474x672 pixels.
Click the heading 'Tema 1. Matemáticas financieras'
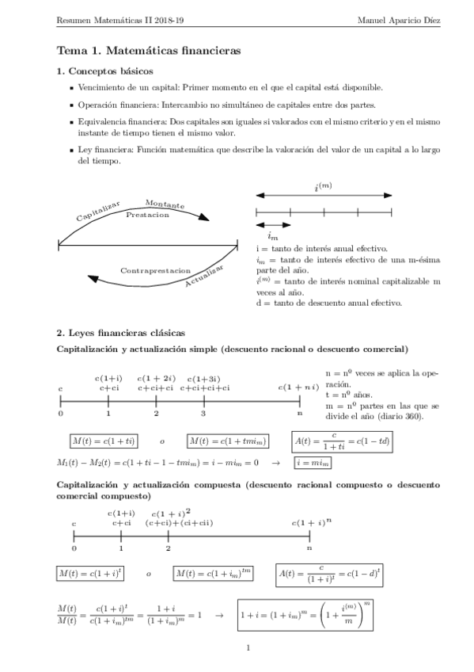pos(148,50)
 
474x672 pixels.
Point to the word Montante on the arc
pos(165,204)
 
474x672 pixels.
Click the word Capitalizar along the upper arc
pos(97,211)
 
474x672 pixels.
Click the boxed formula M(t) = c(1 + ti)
pos(103,441)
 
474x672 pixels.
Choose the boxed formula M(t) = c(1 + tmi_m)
pos(228,441)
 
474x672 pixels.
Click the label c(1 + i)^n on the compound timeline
pos(311,522)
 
